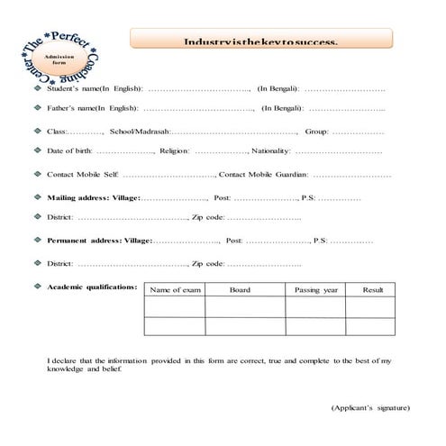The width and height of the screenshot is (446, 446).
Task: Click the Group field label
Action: pos(316,132)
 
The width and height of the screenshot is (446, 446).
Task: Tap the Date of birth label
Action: pos(69,150)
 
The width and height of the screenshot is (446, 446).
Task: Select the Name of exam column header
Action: pos(175,290)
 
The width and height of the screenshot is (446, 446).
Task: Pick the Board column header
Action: pos(240,290)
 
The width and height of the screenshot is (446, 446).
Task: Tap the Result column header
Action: pos(372,290)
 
